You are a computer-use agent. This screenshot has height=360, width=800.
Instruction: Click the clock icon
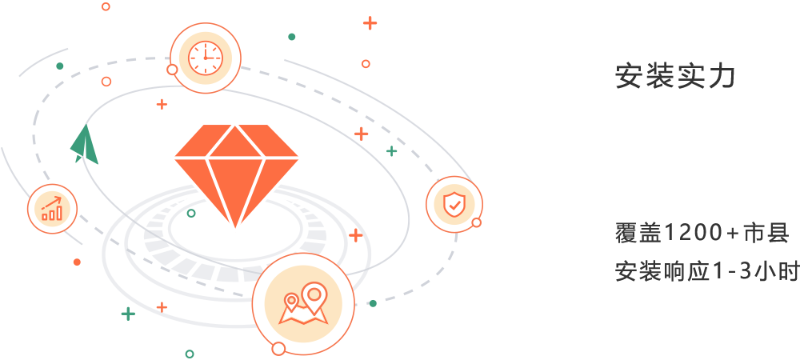[x=205, y=57]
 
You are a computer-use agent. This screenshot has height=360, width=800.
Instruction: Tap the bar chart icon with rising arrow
[x=52, y=208]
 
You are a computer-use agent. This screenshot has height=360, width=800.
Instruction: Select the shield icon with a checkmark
[x=454, y=205]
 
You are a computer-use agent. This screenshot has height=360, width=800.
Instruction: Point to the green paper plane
[x=84, y=146]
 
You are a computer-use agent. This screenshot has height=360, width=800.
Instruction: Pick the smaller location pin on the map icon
[x=291, y=302]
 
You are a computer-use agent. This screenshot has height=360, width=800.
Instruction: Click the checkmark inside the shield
[x=454, y=206]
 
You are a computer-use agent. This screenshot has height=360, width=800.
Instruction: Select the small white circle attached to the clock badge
[x=172, y=70]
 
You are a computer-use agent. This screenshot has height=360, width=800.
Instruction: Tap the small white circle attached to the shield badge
[x=477, y=222]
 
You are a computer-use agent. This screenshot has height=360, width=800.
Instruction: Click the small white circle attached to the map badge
[x=278, y=348]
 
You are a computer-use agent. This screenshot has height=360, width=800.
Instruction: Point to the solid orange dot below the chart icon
[x=77, y=262]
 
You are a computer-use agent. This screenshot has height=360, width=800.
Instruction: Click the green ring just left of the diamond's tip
[x=191, y=213]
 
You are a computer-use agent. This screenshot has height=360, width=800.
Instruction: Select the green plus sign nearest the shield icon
[x=391, y=150]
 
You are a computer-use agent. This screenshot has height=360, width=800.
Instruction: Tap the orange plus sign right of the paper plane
[x=162, y=104]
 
